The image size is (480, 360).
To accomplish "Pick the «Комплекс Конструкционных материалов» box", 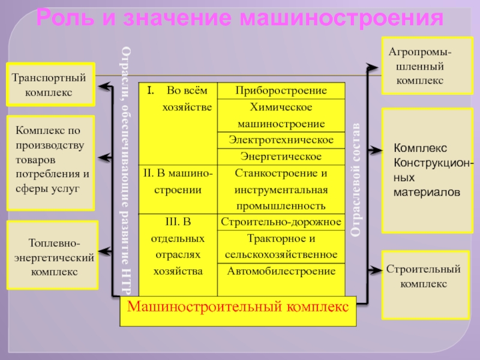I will point(426,170).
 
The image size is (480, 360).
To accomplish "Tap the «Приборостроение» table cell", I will point(281,91).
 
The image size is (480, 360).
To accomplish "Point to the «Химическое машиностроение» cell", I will point(281,116).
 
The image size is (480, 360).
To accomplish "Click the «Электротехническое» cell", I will point(281,140).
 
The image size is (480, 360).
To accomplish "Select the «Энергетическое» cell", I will point(281,157).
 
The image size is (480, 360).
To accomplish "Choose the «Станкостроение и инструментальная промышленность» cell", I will point(281,190).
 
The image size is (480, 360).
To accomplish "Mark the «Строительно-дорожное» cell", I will point(281,223).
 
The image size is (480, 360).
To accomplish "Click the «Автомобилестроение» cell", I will point(281,271).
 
